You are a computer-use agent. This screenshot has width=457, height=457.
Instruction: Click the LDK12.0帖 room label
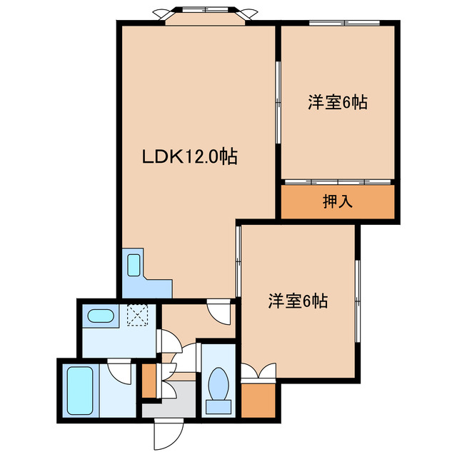(190, 155)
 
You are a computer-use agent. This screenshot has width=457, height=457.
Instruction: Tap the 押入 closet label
(338, 202)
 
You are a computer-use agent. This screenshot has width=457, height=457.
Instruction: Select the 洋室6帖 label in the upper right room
(338, 102)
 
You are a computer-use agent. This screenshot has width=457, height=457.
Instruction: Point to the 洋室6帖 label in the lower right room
(298, 301)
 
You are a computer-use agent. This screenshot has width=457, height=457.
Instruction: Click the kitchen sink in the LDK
(134, 265)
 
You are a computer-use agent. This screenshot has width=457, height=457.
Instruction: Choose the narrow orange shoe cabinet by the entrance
(148, 381)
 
